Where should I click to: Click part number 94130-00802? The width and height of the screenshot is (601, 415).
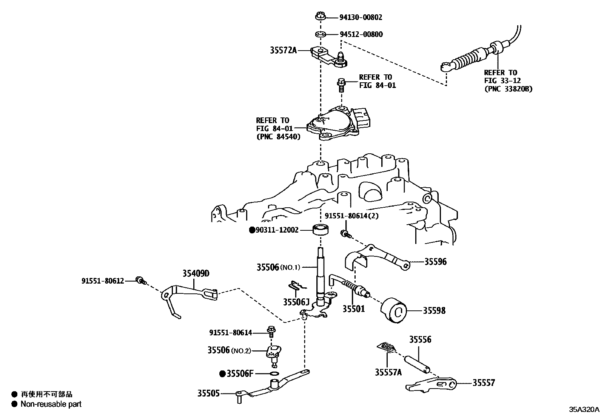click(x=361, y=17)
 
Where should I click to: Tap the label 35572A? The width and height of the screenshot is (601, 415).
click(x=283, y=50)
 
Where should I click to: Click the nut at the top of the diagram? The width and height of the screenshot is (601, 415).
click(x=320, y=17)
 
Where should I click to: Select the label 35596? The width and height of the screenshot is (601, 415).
click(x=435, y=262)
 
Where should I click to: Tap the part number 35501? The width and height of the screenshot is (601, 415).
click(x=354, y=309)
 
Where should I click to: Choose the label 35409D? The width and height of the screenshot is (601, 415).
click(x=196, y=273)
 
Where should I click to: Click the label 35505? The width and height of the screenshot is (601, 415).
click(x=208, y=393)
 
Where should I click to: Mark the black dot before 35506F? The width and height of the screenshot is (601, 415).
click(x=222, y=374)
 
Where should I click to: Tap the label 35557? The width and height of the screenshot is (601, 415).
click(x=484, y=383)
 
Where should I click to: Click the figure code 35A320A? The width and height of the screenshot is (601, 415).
click(x=584, y=409)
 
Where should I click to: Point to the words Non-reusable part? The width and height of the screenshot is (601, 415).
click(x=51, y=404)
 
